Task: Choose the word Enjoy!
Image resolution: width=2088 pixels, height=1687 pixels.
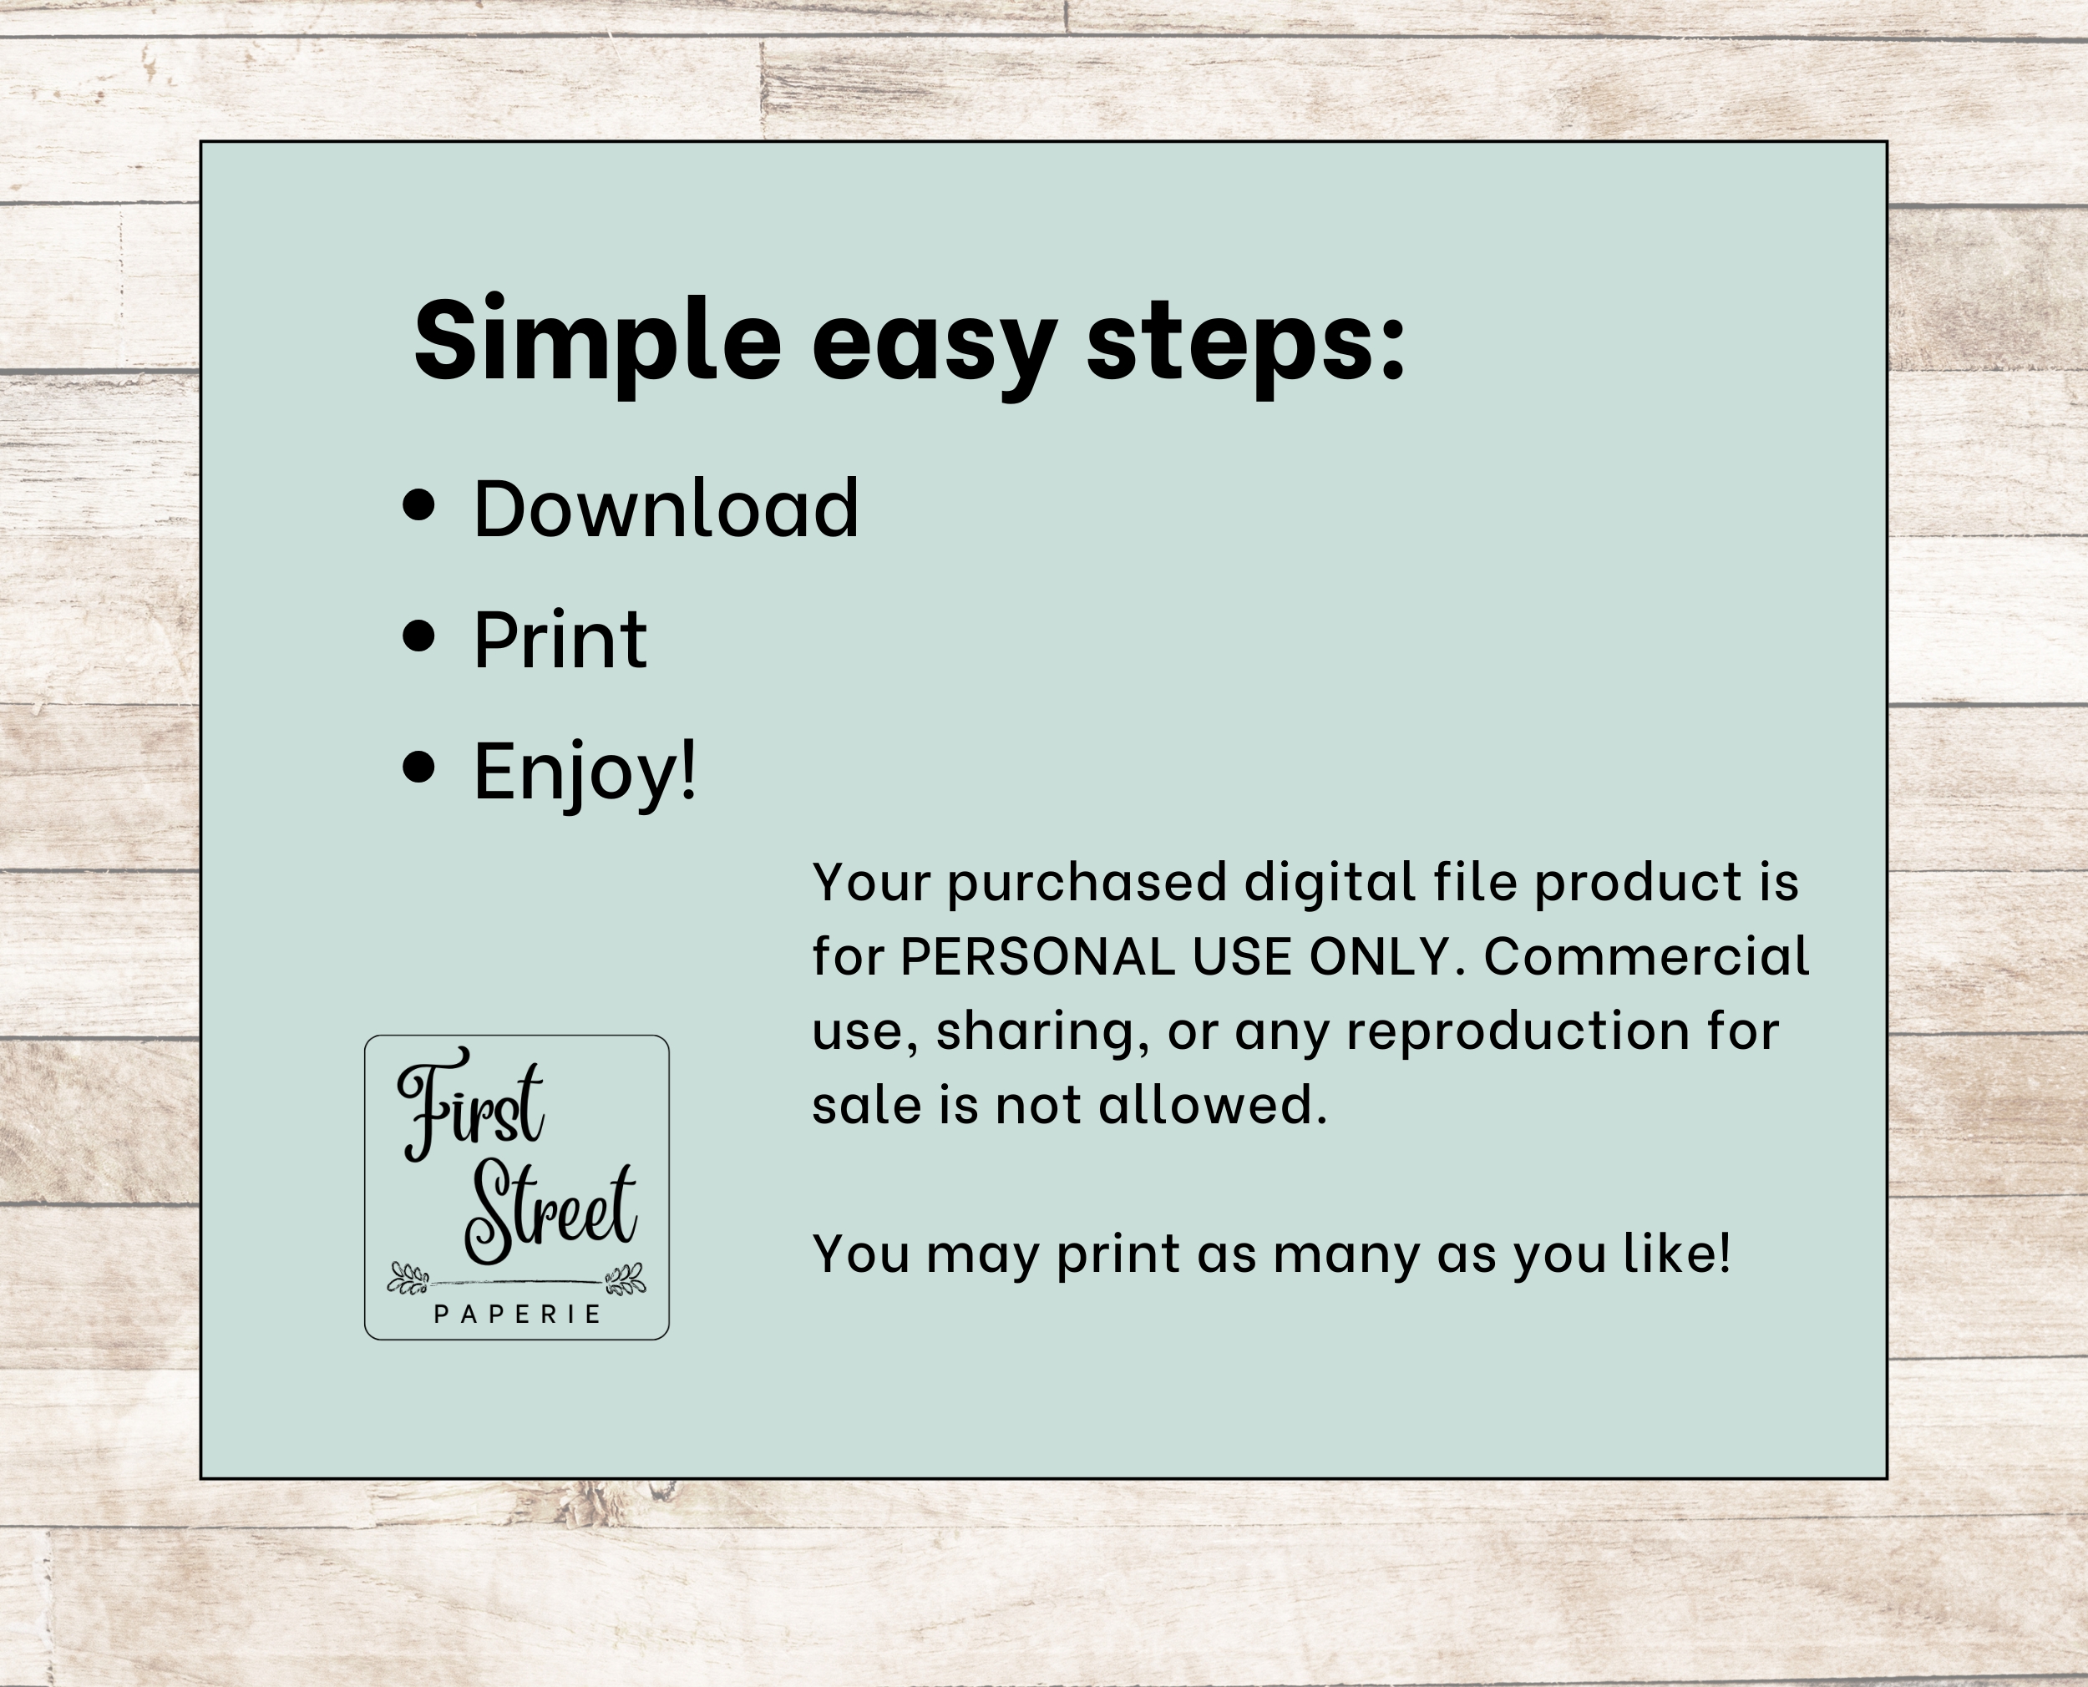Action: (x=585, y=773)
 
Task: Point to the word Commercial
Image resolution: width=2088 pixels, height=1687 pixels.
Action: (x=1647, y=956)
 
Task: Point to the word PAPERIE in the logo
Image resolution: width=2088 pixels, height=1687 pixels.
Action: (x=517, y=1315)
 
